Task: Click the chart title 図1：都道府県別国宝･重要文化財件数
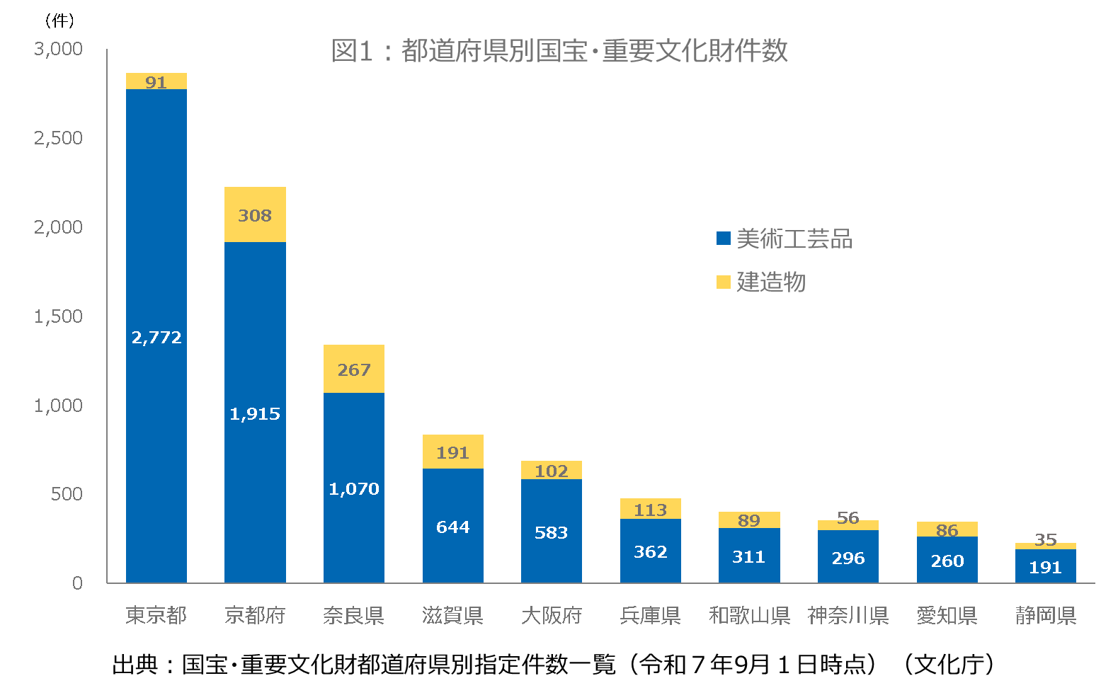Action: click(x=559, y=51)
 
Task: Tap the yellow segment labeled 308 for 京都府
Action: click(x=255, y=214)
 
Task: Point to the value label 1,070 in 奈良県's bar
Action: click(x=353, y=488)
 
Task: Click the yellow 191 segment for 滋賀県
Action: click(x=452, y=452)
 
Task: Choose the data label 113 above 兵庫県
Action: click(x=650, y=510)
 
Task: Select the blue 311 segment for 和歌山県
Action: click(x=748, y=556)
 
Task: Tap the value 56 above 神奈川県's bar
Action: click(x=848, y=517)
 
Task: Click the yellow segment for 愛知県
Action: click(x=947, y=529)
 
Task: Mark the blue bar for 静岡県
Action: click(x=1045, y=566)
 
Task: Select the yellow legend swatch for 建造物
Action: click(x=723, y=282)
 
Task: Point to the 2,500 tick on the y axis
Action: click(x=59, y=138)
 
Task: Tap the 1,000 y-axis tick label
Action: click(x=59, y=406)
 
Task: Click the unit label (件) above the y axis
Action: click(x=59, y=21)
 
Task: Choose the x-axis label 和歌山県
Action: click(x=749, y=615)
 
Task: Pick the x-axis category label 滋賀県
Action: click(x=452, y=615)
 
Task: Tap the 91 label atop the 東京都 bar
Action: click(x=156, y=82)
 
